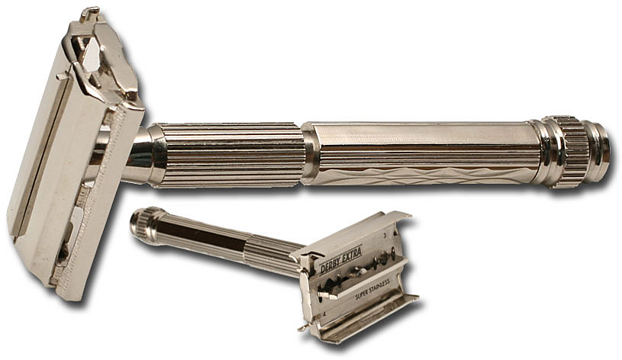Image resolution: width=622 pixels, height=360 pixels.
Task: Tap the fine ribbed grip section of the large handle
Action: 230,155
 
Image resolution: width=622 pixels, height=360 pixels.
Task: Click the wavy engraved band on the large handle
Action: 420,175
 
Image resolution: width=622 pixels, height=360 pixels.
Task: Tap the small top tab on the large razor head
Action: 90,13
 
